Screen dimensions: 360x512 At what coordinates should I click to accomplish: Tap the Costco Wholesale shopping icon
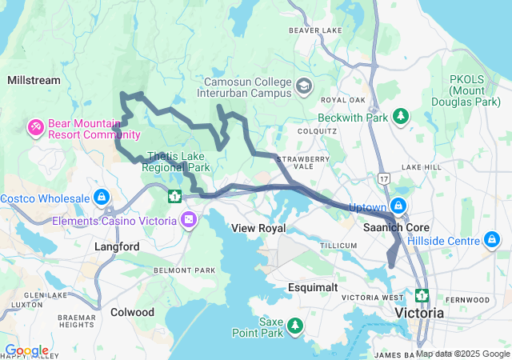(x=101, y=197)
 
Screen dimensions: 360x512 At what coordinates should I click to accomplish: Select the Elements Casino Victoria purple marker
(x=189, y=219)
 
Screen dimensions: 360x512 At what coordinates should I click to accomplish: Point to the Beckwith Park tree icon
(x=399, y=117)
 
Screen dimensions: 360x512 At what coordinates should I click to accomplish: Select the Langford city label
(x=117, y=247)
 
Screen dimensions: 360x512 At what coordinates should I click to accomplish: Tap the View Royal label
(x=258, y=228)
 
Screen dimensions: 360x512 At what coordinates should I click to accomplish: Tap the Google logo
(x=26, y=350)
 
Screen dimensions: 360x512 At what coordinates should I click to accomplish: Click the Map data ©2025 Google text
(x=462, y=354)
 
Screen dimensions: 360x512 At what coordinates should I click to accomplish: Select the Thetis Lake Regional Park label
(x=175, y=162)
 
